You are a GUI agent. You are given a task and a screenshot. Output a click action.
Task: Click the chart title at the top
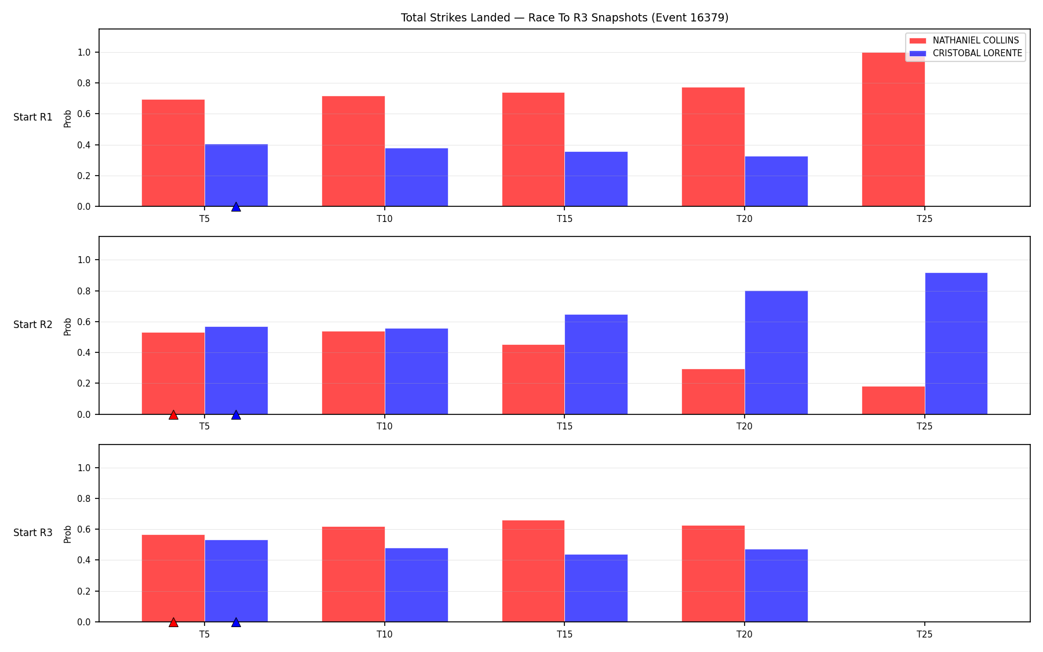(x=564, y=18)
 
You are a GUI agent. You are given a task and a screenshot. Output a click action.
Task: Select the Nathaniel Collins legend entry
(x=964, y=41)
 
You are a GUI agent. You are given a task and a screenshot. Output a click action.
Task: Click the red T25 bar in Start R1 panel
(x=893, y=129)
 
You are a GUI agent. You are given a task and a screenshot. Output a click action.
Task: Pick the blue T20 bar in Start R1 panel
(x=776, y=181)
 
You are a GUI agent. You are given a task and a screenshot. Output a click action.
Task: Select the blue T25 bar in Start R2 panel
(x=956, y=344)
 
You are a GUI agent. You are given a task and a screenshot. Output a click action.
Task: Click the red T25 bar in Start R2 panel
(x=893, y=400)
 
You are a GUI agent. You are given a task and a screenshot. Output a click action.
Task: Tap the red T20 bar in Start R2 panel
(x=713, y=392)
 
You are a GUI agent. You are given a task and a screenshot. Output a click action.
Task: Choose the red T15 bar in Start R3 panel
(x=533, y=571)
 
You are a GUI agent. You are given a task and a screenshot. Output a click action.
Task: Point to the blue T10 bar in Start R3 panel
(x=416, y=585)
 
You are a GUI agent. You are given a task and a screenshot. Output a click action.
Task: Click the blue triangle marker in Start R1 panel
(x=236, y=207)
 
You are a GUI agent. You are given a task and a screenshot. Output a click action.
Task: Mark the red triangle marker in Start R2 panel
(x=173, y=415)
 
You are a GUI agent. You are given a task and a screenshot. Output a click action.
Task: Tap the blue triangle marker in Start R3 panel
(x=236, y=622)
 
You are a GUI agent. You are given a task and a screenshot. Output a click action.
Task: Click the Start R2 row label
(x=33, y=325)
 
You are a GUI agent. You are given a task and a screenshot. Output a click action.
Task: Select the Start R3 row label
(x=33, y=533)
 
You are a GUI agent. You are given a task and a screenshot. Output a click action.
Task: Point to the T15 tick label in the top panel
(x=564, y=219)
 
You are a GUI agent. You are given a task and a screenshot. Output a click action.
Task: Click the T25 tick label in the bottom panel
(x=924, y=635)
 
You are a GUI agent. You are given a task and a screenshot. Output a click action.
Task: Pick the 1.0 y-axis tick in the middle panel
(x=84, y=260)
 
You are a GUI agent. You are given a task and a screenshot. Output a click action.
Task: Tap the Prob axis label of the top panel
(x=68, y=118)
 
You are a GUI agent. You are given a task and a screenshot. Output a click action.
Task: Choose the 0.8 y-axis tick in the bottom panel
(x=84, y=499)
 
